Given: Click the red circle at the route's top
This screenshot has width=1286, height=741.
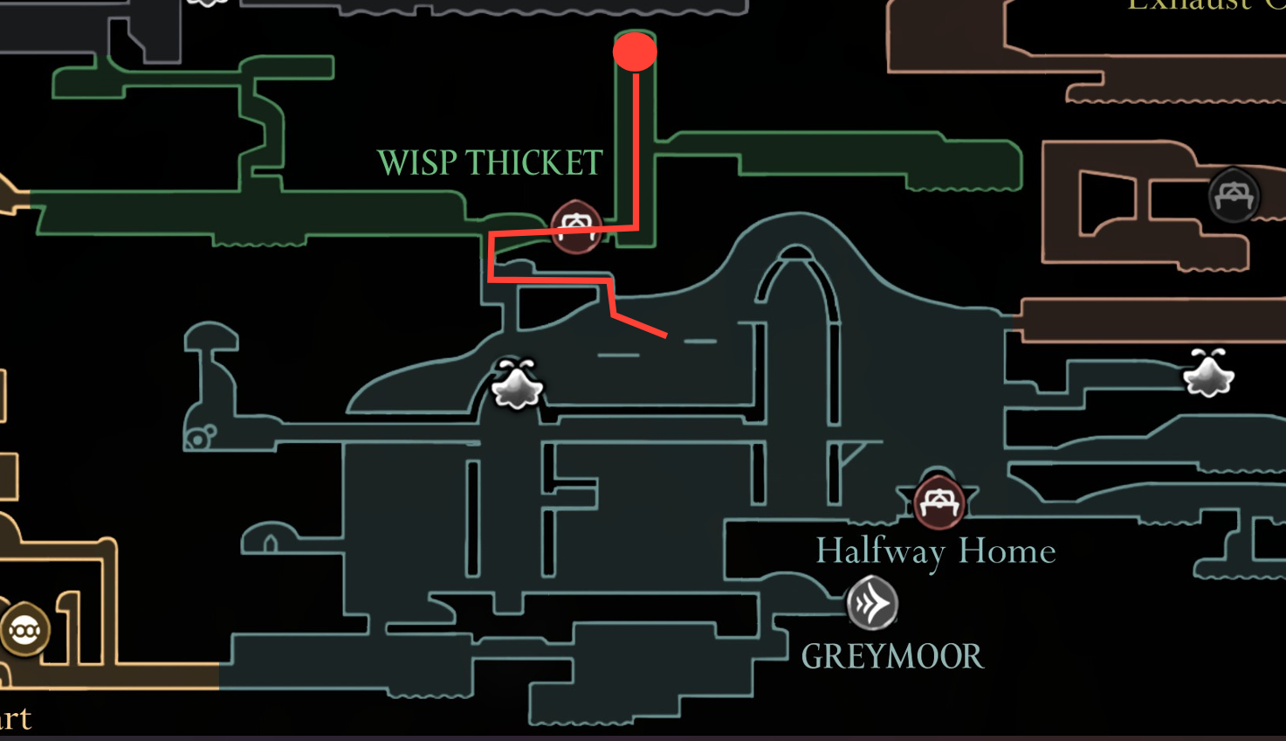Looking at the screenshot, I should pyautogui.click(x=635, y=52).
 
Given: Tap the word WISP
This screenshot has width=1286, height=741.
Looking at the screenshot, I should pyautogui.click(x=417, y=163).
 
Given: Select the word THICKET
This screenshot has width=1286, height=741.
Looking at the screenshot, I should pyautogui.click(x=533, y=163).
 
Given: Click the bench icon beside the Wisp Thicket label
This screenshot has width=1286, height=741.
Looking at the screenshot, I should pyautogui.click(x=575, y=227).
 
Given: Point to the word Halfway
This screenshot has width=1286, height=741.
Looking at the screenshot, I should pyautogui.click(x=879, y=551).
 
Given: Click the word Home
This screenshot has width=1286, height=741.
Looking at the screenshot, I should pyautogui.click(x=1007, y=551).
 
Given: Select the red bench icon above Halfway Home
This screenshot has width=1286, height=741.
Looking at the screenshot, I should pyautogui.click(x=939, y=502).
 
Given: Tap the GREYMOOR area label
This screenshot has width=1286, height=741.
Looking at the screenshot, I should pyautogui.click(x=891, y=657).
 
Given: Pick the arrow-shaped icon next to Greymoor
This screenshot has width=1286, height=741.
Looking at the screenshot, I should pyautogui.click(x=871, y=603).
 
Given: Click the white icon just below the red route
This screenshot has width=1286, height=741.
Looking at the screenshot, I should pyautogui.click(x=517, y=384).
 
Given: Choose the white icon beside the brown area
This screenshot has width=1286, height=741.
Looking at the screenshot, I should pyautogui.click(x=1208, y=374).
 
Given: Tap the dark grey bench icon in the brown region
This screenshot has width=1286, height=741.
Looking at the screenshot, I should pyautogui.click(x=1233, y=196).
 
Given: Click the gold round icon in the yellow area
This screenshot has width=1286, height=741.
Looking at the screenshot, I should pyautogui.click(x=24, y=629).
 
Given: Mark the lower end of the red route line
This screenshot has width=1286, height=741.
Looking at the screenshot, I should pyautogui.click(x=665, y=334).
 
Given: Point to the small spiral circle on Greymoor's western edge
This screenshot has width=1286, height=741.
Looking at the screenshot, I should pyautogui.click(x=200, y=437).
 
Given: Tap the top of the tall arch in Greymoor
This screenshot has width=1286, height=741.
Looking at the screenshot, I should pyautogui.click(x=794, y=253).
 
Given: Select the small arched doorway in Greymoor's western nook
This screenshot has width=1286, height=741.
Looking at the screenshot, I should pyautogui.click(x=271, y=544).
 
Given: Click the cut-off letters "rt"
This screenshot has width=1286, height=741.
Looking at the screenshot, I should pyautogui.click(x=16, y=718).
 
